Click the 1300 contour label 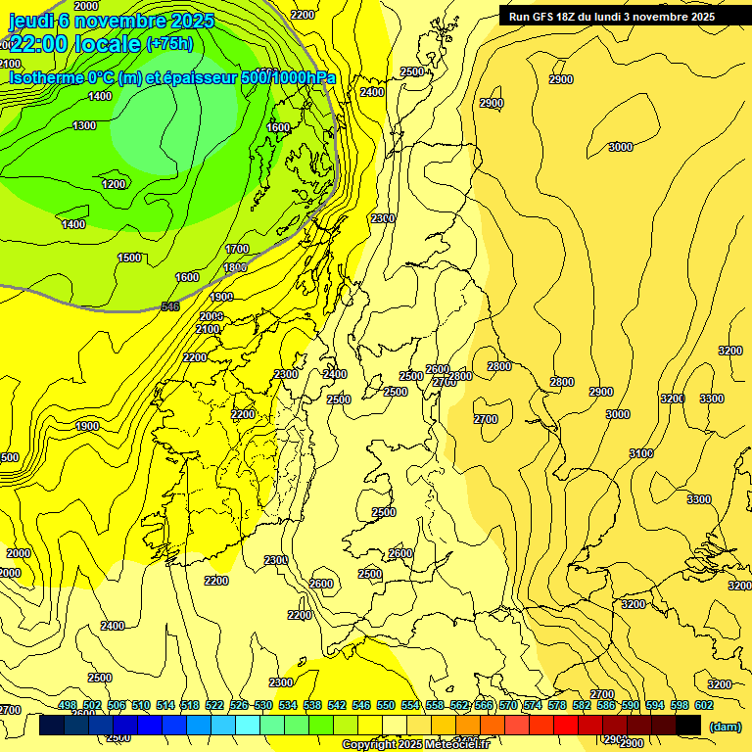(84, 125)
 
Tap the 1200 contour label (115, 184)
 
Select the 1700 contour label (237, 250)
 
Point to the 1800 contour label (235, 267)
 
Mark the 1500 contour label (129, 258)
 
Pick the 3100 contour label (641, 453)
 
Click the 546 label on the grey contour (170, 306)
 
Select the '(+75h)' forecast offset (169, 43)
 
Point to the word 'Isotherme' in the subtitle (48, 77)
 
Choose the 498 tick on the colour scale (68, 705)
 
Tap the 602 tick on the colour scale (704, 705)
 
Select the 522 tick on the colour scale (214, 705)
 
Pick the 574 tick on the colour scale (533, 705)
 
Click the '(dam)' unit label (725, 726)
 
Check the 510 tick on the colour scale (141, 705)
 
